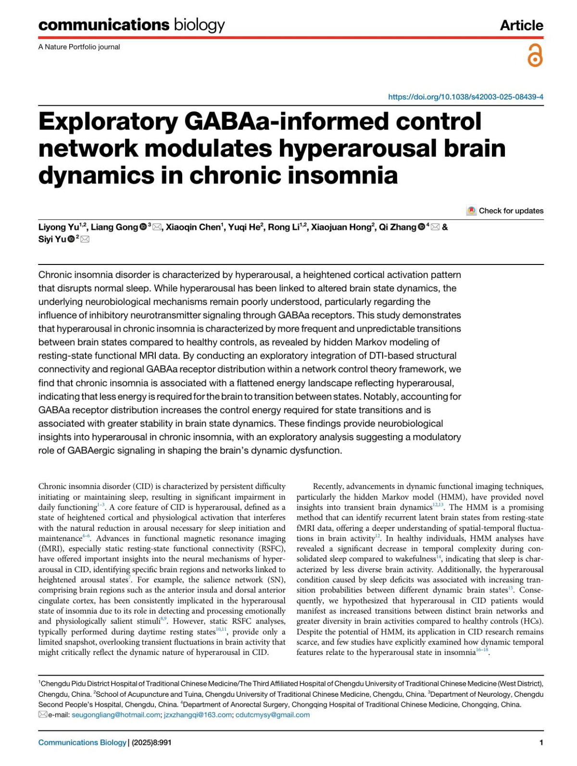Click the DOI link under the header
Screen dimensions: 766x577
(x=465, y=97)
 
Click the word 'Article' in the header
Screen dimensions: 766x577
(x=521, y=25)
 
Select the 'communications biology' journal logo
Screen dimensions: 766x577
(x=131, y=25)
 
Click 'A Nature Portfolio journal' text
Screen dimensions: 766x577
(x=79, y=47)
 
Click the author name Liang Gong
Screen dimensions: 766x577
(x=114, y=227)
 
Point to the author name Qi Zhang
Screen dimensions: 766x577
(x=397, y=227)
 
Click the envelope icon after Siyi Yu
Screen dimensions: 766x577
(x=85, y=239)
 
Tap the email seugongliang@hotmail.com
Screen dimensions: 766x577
(x=115, y=715)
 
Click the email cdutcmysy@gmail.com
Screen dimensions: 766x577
(x=272, y=715)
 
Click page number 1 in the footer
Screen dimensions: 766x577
(x=541, y=742)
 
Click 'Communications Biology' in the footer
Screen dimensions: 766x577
(x=82, y=742)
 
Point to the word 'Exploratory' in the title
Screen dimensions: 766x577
(x=108, y=121)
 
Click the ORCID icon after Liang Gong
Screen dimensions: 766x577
(x=143, y=227)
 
